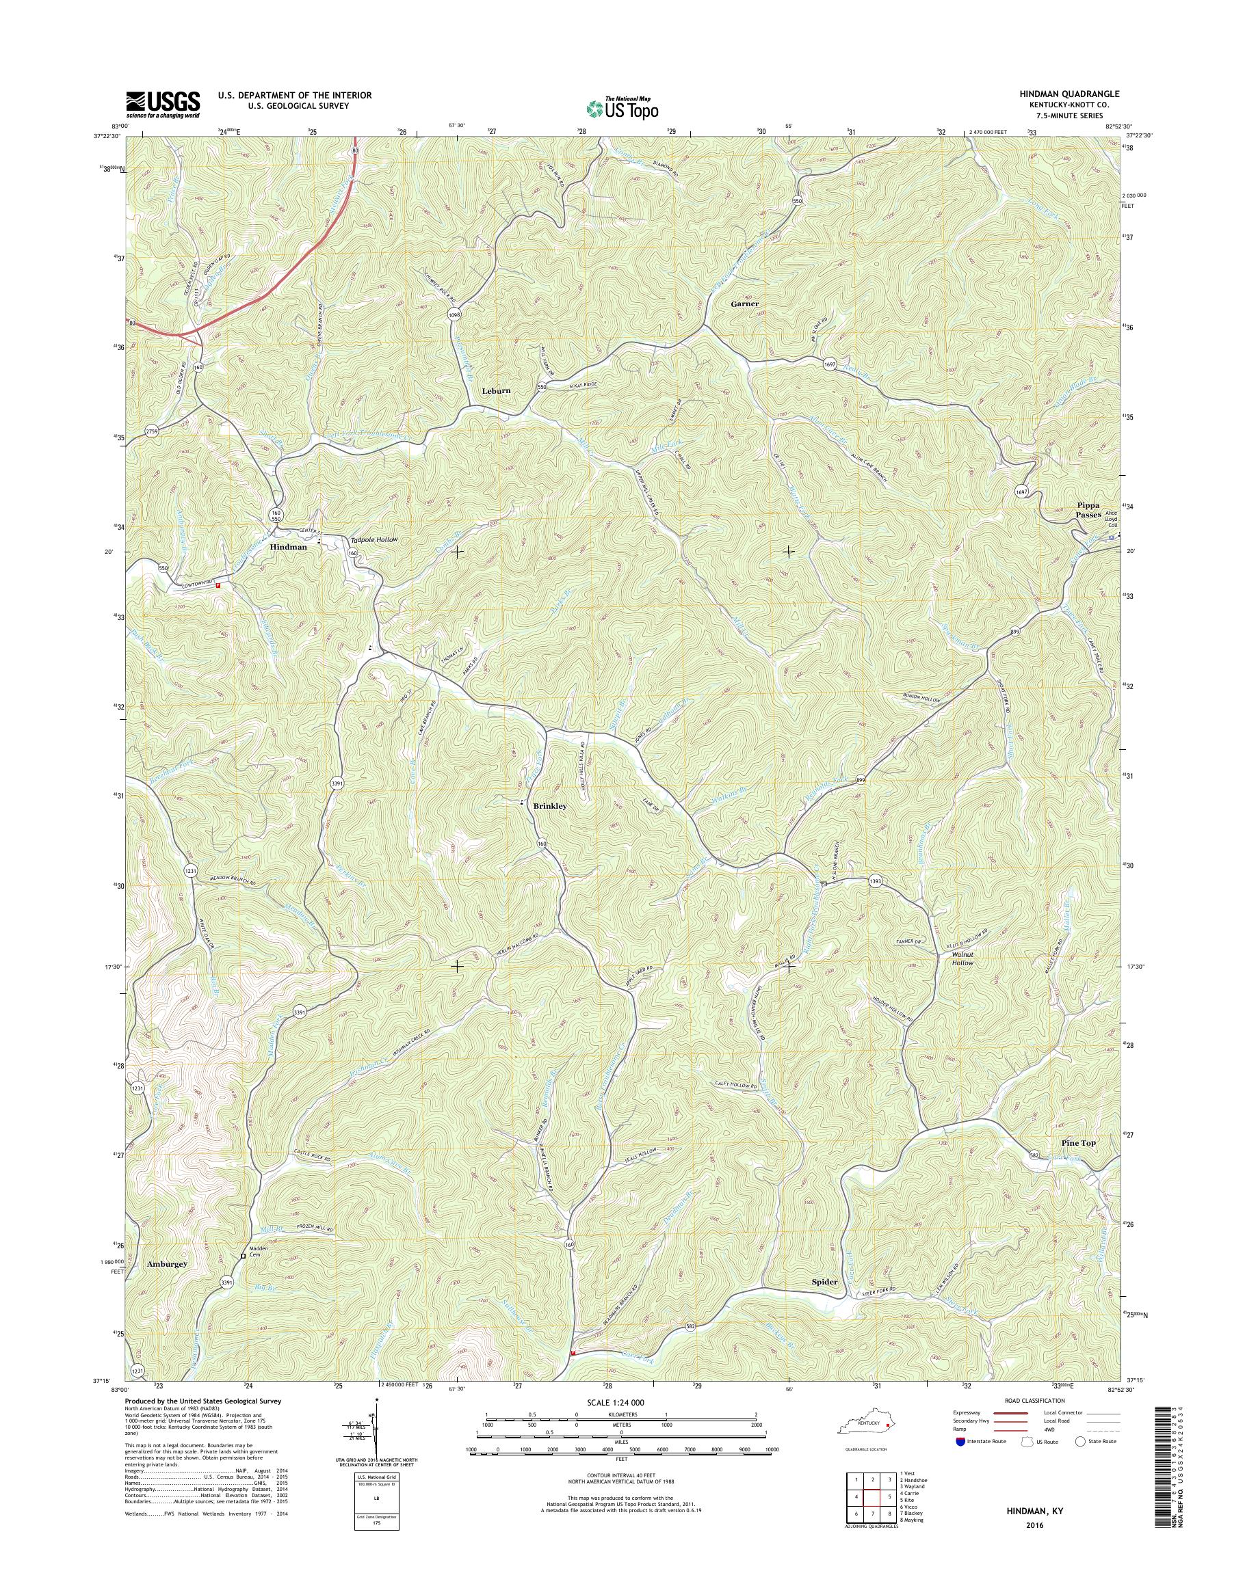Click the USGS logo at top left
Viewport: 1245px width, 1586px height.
[x=163, y=103]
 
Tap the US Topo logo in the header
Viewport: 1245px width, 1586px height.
[x=622, y=108]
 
